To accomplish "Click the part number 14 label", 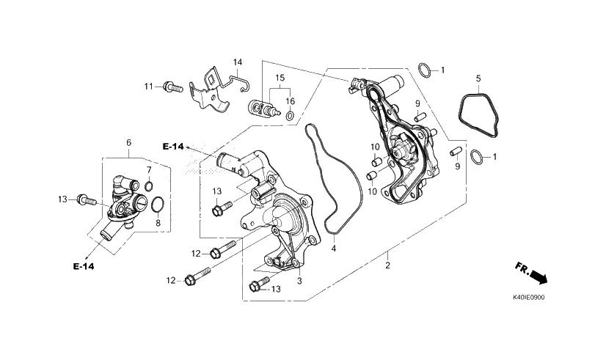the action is click(x=237, y=62).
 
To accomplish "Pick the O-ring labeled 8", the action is click(x=157, y=205).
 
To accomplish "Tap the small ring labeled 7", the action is click(x=149, y=186).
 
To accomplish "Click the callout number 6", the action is click(x=128, y=143).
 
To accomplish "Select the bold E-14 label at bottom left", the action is click(x=83, y=266).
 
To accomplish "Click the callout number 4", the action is click(x=334, y=249).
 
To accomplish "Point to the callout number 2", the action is click(x=387, y=265).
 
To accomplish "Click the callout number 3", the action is click(x=299, y=281).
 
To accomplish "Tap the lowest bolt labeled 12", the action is click(x=197, y=276).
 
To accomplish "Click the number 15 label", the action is click(x=280, y=78).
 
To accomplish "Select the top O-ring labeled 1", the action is click(x=425, y=70).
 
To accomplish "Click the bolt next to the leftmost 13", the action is click(x=87, y=200).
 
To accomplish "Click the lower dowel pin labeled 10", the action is click(x=372, y=175).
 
